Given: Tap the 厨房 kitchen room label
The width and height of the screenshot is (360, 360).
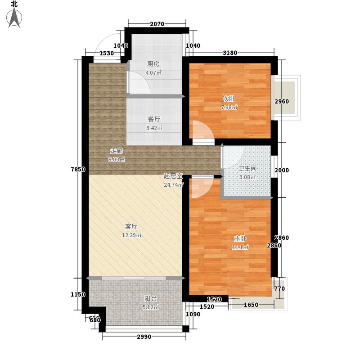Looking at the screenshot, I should click(153, 64).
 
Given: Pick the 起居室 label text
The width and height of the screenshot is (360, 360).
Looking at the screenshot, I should click(172, 176).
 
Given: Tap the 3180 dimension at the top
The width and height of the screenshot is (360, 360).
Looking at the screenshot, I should click(230, 54).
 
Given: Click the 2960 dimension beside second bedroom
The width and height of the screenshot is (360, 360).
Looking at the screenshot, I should click(282, 101).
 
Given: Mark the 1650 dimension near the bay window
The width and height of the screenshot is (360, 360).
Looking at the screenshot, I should click(251, 305).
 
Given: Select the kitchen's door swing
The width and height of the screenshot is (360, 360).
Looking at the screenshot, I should click(138, 82).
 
